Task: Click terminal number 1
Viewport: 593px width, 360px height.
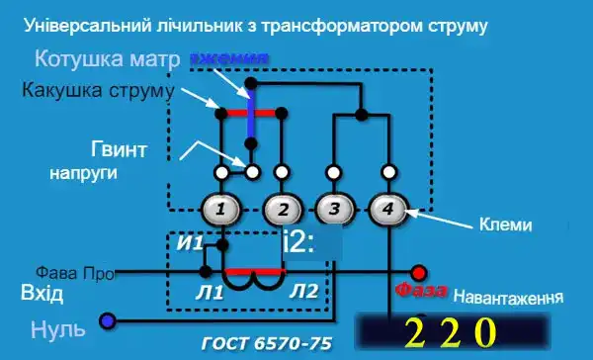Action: coord(224,209)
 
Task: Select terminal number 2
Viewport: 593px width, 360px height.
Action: coord(282,209)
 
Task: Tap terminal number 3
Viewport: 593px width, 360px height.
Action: coord(335,209)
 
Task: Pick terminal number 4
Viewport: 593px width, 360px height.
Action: coord(388,209)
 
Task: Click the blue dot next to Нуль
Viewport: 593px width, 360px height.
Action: coord(107,320)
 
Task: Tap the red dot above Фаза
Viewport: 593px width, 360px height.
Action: coord(419,271)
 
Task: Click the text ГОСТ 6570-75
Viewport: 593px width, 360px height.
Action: coord(265,344)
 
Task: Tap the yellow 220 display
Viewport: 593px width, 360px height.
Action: coord(449,330)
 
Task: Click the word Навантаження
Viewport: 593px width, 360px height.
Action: coord(508,297)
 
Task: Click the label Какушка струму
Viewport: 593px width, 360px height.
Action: coord(97,91)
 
